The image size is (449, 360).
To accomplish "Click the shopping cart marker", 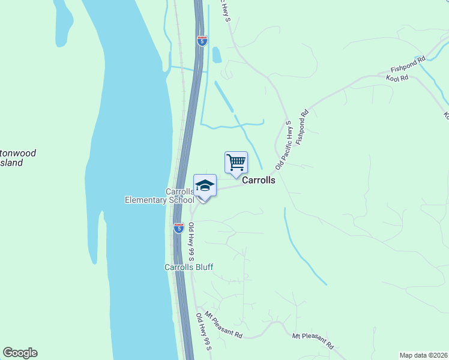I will pyautogui.click(x=236, y=162).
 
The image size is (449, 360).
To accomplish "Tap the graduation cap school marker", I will pyautogui.click(x=205, y=185).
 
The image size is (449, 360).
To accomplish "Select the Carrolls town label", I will pyautogui.click(x=258, y=180).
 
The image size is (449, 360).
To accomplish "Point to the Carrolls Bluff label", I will pyautogui.click(x=189, y=267).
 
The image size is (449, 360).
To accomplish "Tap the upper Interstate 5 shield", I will pyautogui.click(x=202, y=41).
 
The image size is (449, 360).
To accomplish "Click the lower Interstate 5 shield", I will pyautogui.click(x=178, y=227).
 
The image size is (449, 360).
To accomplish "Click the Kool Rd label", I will pyautogui.click(x=397, y=78).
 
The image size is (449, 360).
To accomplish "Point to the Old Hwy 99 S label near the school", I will pyautogui.click(x=191, y=239).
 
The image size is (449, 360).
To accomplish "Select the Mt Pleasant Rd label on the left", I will pyautogui.click(x=223, y=325).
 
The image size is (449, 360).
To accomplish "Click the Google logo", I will pyautogui.click(x=20, y=353).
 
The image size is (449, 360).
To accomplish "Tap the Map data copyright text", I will pyautogui.click(x=424, y=355).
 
